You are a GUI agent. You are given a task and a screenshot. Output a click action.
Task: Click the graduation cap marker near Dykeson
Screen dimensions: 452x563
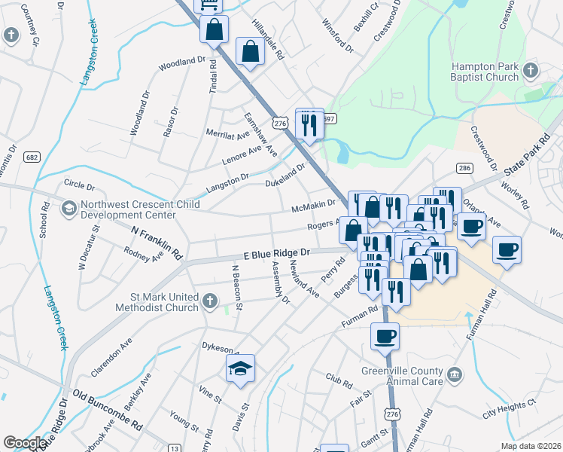[x=241, y=368]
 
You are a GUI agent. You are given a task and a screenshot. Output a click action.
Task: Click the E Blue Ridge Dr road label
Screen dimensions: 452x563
[x=276, y=254]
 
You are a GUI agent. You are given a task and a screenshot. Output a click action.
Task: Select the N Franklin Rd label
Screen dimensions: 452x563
[x=158, y=243]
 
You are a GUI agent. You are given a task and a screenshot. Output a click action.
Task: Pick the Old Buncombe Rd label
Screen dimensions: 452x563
[x=108, y=411]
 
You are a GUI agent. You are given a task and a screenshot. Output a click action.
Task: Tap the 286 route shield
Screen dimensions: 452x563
[x=464, y=168]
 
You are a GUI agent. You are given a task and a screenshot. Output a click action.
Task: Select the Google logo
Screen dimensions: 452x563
[x=25, y=443]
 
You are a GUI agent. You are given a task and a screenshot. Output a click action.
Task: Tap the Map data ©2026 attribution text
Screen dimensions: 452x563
[x=531, y=446]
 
